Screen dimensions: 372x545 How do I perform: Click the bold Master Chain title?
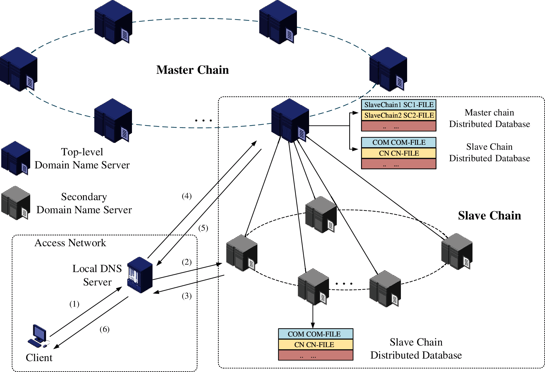(x=192, y=70)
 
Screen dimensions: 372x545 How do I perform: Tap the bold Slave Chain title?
(x=489, y=216)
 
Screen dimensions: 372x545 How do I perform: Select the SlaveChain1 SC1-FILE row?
(x=399, y=105)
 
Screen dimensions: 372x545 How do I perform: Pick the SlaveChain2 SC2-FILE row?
(x=399, y=115)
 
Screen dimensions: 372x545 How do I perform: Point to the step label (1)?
(x=74, y=304)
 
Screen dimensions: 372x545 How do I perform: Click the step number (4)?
(x=187, y=196)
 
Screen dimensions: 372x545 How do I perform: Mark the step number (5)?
(x=203, y=228)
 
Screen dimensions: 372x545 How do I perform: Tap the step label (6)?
(x=105, y=329)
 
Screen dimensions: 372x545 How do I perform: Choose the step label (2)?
(x=187, y=262)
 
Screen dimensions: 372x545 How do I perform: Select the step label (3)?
(x=187, y=296)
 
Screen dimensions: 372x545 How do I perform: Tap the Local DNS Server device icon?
(x=140, y=275)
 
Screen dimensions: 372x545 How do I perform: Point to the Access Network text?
(x=70, y=243)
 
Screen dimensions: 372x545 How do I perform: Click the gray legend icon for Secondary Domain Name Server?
(x=16, y=203)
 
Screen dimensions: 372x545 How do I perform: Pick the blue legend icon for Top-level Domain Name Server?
(x=16, y=158)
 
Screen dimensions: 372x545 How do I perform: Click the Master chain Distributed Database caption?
(x=489, y=118)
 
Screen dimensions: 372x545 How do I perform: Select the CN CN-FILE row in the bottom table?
(x=315, y=345)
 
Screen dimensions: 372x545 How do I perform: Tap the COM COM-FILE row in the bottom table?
(x=315, y=334)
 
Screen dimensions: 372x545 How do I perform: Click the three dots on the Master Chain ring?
(x=204, y=120)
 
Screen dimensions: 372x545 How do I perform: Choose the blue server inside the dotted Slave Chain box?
(x=290, y=120)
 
